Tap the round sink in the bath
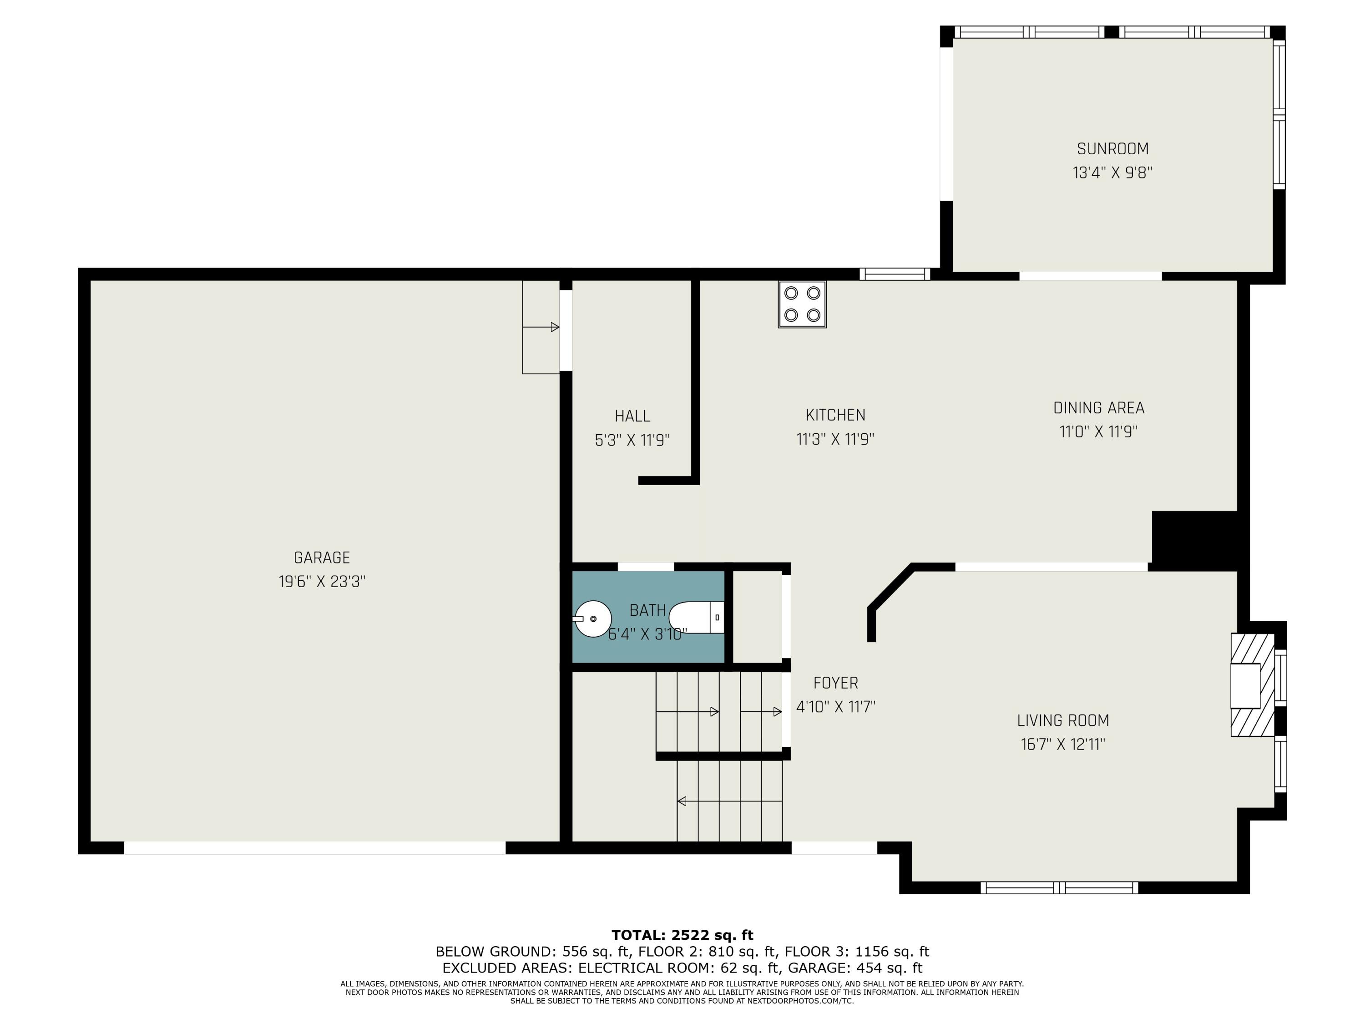[x=593, y=618]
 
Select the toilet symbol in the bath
[x=696, y=617]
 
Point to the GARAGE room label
[x=322, y=558]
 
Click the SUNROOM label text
[x=1112, y=149]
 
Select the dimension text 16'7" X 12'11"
[x=1062, y=745]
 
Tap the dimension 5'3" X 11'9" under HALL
[x=632, y=440]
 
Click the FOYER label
[x=835, y=683]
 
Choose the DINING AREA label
[x=1098, y=408]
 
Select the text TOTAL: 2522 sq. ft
[x=682, y=935]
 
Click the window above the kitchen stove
[x=894, y=274]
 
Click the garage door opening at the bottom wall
[x=315, y=847]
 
